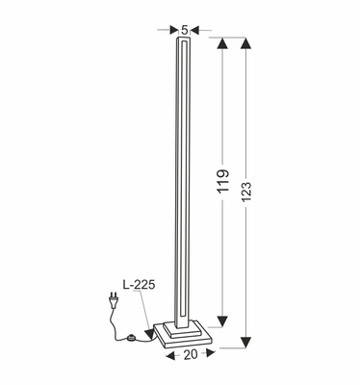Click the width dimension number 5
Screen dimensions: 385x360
185,27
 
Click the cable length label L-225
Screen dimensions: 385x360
139,286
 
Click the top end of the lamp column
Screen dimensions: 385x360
184,41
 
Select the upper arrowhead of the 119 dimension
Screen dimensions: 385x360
224,44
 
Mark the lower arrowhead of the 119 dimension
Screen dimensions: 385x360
224,321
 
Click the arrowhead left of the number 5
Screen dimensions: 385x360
174,28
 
